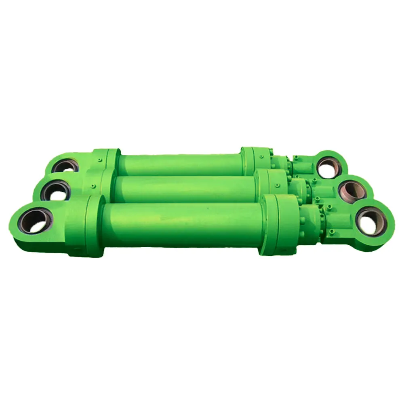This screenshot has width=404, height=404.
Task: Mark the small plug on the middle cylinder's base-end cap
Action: coord(93,186)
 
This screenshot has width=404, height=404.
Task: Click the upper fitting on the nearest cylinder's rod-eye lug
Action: coord(329,208)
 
